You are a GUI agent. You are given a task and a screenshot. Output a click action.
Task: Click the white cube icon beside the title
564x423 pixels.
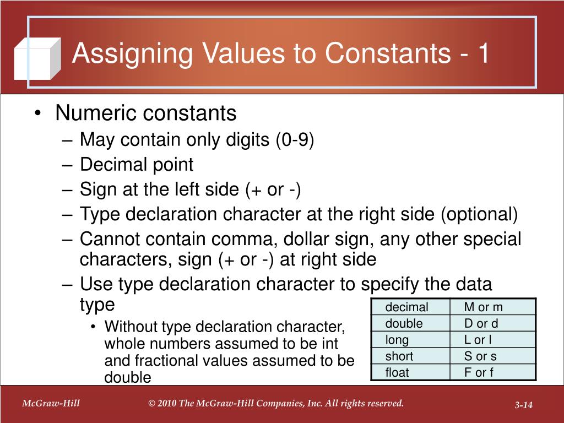click(x=37, y=59)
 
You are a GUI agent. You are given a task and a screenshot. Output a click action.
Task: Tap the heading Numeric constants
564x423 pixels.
click(x=146, y=113)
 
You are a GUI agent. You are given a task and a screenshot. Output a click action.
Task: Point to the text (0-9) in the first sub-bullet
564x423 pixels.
click(x=295, y=140)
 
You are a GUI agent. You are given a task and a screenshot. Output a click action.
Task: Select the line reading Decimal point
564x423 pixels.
click(x=137, y=165)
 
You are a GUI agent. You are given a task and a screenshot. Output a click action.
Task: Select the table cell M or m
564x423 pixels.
click(x=483, y=307)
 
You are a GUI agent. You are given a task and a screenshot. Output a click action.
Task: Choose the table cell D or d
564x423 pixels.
click(x=481, y=323)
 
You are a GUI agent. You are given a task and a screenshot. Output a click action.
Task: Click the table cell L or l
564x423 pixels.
click(x=479, y=340)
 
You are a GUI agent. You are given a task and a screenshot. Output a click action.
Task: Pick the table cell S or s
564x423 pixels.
click(x=480, y=356)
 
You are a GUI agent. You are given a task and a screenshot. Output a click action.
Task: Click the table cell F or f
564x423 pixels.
click(x=479, y=372)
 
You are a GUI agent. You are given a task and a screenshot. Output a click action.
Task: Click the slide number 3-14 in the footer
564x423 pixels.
click(x=524, y=406)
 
